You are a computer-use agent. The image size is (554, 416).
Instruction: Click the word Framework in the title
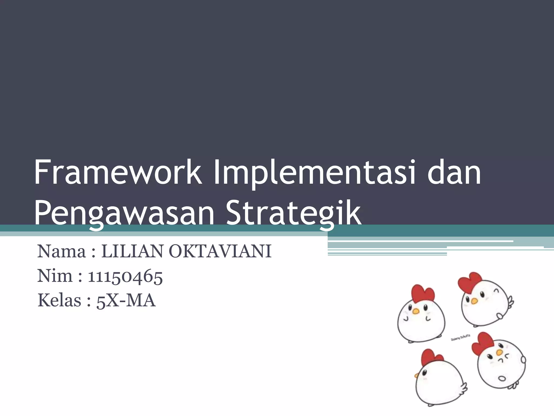[118, 173]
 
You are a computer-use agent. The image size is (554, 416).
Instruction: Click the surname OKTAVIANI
[220, 251]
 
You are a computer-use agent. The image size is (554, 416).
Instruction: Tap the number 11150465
[125, 277]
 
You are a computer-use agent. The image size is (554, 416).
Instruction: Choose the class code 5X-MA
[126, 301]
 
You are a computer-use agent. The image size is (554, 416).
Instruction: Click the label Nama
[61, 251]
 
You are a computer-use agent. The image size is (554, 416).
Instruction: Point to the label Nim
[55, 276]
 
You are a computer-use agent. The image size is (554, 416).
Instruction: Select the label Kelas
[60, 300]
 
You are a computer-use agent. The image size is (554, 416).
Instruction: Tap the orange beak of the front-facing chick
[416, 311]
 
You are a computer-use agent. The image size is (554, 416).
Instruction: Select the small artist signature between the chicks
[461, 337]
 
